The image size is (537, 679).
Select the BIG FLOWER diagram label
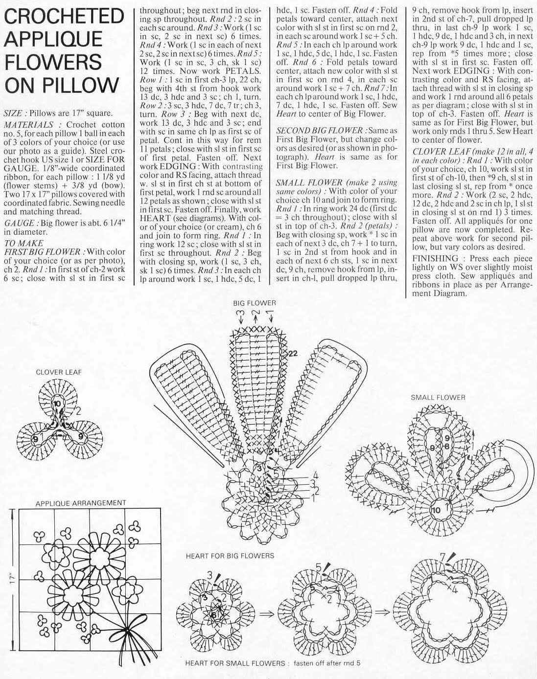(255, 303)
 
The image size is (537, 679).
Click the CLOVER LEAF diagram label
(59, 372)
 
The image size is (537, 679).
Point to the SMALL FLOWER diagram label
(438, 397)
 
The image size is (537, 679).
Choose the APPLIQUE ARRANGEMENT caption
(81, 503)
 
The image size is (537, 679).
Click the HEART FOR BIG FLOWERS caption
(230, 556)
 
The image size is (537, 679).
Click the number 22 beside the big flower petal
(293, 353)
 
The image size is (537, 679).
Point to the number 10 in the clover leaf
(57, 404)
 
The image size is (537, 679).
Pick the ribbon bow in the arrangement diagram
(131, 628)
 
